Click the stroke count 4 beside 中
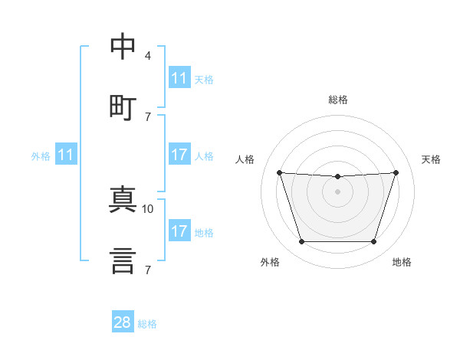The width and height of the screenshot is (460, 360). (x=148, y=56)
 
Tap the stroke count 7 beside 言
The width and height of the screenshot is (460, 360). (x=148, y=270)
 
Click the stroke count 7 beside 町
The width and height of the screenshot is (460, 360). (x=148, y=116)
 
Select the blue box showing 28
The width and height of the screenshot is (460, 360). (x=123, y=322)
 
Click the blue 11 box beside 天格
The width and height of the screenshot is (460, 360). (x=179, y=78)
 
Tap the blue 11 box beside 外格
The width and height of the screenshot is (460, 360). (x=67, y=155)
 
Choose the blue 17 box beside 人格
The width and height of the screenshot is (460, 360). (x=179, y=155)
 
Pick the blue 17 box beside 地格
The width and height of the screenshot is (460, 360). (x=179, y=231)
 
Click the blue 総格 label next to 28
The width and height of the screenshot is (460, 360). (x=147, y=324)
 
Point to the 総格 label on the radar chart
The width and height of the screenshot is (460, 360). (x=337, y=100)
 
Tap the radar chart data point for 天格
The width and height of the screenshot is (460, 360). (x=396, y=172)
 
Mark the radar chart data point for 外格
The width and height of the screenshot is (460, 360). (x=301, y=242)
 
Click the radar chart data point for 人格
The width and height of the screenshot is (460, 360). (x=279, y=172)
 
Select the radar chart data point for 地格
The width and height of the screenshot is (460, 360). (x=373, y=242)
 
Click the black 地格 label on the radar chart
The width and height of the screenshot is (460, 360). (x=402, y=262)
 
